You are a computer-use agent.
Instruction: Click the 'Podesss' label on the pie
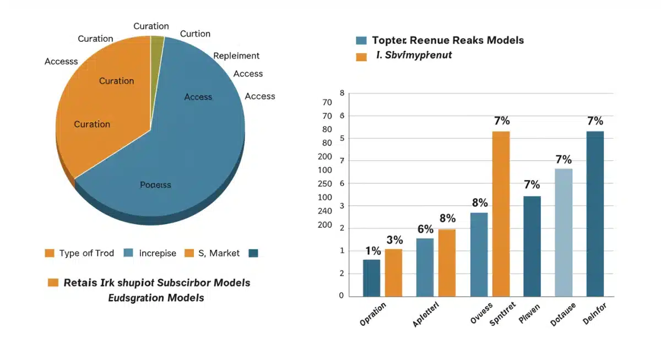[x=155, y=185]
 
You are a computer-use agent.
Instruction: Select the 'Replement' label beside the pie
[x=236, y=56]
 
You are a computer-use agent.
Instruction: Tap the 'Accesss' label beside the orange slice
[x=61, y=61]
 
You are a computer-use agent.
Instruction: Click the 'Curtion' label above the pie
[x=195, y=34]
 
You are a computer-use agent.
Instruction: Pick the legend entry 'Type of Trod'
[x=86, y=253]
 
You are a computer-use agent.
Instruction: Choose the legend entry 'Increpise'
[x=158, y=253]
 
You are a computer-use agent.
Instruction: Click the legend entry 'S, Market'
[x=219, y=253]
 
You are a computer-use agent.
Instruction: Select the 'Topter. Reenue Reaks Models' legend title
[x=448, y=40]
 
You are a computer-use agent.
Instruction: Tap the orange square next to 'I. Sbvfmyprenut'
[x=361, y=56]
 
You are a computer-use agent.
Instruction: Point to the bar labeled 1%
[x=372, y=278]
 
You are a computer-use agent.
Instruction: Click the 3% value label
[x=394, y=240]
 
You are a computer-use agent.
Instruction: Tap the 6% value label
[x=425, y=230]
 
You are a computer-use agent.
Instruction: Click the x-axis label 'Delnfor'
[x=594, y=313]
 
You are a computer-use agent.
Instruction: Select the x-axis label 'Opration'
[x=373, y=314]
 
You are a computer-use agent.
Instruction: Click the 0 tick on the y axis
[x=342, y=296]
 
